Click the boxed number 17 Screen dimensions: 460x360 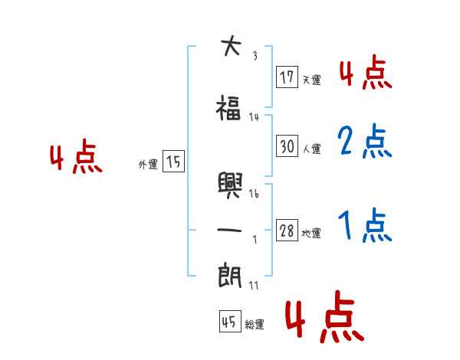click(x=287, y=77)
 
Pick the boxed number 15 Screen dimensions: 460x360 click(x=173, y=162)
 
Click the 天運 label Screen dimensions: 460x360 click(x=310, y=80)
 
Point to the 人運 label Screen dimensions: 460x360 click(x=311, y=148)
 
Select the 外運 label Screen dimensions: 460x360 click(x=148, y=164)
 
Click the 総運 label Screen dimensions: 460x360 click(x=254, y=325)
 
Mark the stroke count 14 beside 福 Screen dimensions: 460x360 click(x=255, y=116)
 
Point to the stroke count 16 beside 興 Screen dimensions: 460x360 click(x=255, y=194)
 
